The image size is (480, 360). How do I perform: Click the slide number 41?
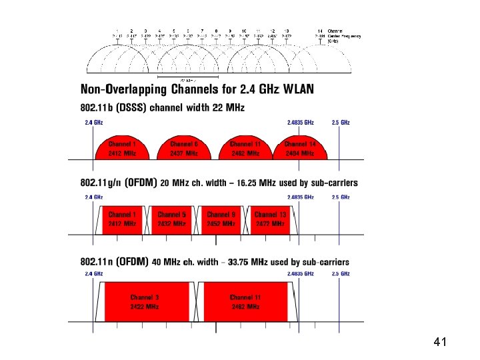[439, 343]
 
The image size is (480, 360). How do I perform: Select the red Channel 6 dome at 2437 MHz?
[184, 149]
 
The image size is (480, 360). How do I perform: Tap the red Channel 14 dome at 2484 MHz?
[299, 149]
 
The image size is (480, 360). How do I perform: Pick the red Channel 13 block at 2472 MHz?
[271, 219]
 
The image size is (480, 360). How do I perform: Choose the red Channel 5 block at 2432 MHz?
[172, 219]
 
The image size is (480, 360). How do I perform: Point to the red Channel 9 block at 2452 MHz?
[221, 219]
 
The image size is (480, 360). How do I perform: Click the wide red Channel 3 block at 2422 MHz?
[145, 301]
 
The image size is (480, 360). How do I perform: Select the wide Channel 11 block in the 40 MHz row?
[246, 301]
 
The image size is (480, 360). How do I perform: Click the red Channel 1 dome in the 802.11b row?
[122, 149]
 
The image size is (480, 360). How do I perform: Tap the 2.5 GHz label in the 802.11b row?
[341, 123]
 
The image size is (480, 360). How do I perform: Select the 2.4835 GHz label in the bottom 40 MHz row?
[300, 274]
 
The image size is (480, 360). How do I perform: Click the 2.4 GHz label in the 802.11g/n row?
[93, 197]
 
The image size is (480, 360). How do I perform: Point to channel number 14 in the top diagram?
[321, 31]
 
